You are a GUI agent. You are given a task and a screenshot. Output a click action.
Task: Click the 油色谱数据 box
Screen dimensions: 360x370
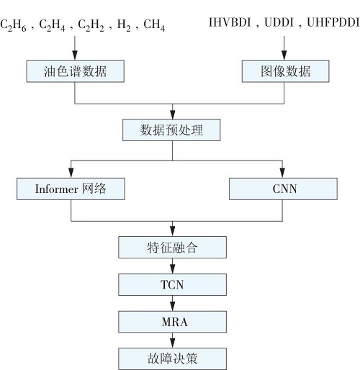[x=75, y=71]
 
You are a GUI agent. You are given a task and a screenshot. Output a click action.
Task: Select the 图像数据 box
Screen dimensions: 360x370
[x=285, y=71]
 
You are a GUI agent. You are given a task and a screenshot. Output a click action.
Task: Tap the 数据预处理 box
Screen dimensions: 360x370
[x=171, y=130]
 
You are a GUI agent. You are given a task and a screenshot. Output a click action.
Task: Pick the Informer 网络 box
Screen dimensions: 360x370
[x=71, y=189]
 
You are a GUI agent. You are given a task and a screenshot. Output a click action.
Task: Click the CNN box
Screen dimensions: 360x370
[x=283, y=189]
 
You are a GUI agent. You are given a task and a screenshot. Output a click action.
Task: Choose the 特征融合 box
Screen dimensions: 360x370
[x=172, y=248]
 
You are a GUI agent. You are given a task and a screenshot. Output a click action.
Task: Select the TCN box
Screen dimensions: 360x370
[x=172, y=285]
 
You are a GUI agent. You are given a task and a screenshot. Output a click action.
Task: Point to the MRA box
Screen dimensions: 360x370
[x=172, y=322]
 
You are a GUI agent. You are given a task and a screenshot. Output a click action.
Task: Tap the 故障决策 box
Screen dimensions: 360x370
[x=172, y=359]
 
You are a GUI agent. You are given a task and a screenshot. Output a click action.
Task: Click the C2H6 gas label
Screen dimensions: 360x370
[x=13, y=25]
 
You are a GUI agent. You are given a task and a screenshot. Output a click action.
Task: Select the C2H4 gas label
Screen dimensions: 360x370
[x=52, y=25]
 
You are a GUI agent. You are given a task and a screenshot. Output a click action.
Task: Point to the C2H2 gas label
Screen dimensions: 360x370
[x=91, y=25]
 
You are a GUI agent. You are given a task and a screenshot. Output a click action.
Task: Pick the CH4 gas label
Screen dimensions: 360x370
[x=154, y=25]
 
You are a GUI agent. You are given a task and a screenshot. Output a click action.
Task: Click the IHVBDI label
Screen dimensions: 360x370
[x=230, y=22]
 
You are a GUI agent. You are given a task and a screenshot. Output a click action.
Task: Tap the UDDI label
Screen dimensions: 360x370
[x=279, y=22]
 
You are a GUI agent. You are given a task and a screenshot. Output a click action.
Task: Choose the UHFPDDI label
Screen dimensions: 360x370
[x=333, y=22]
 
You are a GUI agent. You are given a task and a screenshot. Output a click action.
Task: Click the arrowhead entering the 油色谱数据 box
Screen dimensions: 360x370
[x=75, y=55]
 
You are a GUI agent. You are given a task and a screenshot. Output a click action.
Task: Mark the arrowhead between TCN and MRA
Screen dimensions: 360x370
[x=172, y=306]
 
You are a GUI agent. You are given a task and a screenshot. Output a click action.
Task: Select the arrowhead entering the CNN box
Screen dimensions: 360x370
[x=282, y=173]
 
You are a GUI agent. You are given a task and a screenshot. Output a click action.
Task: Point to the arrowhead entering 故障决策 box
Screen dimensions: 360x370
[x=172, y=343]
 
